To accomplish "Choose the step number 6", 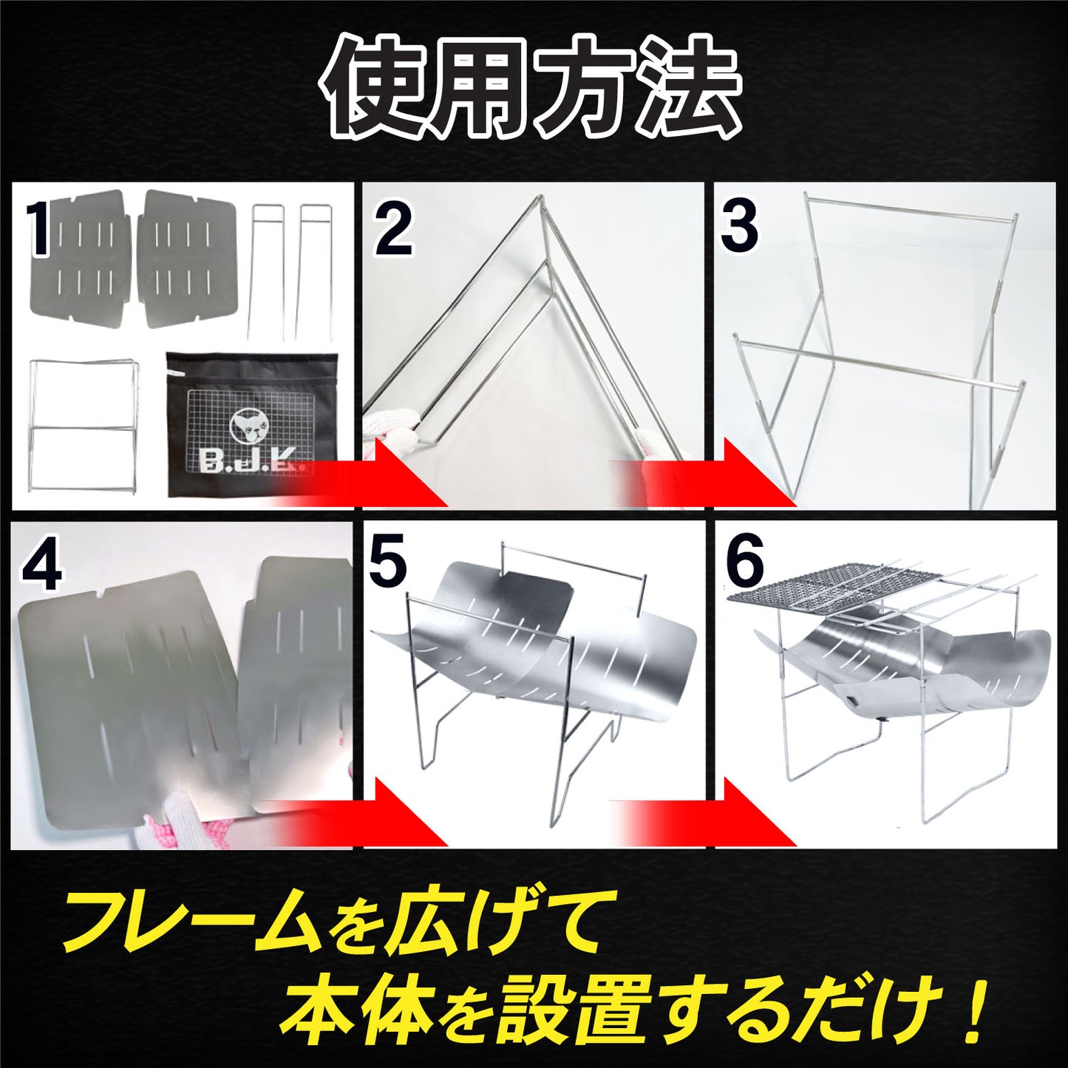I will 744,563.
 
